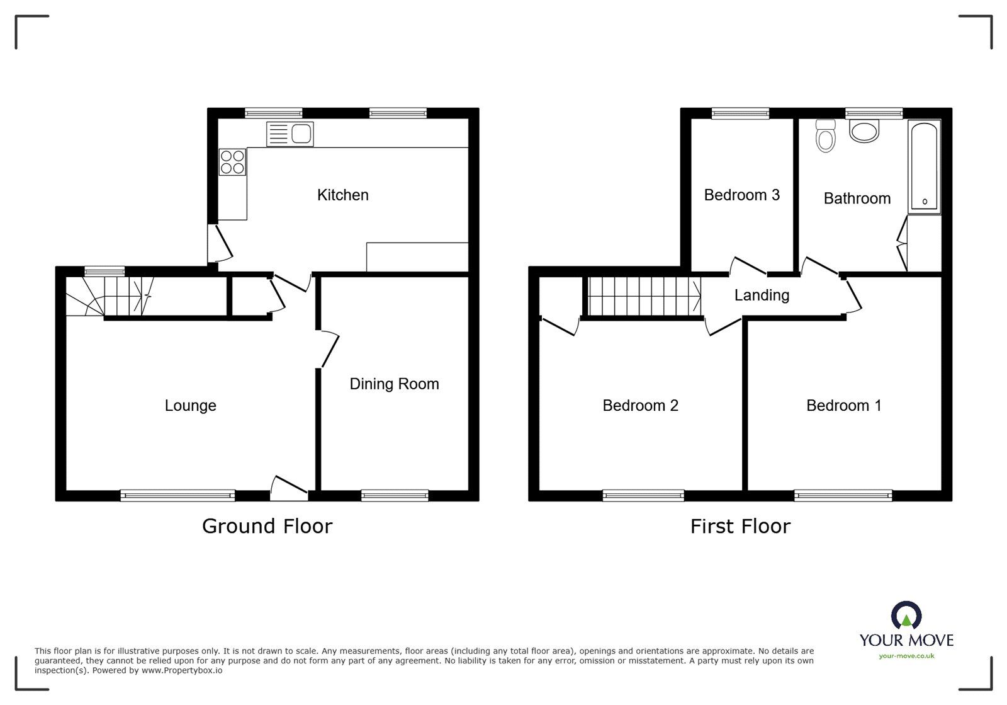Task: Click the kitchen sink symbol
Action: [290, 134]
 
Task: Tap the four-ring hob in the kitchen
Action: [232, 161]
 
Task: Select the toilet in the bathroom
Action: [824, 136]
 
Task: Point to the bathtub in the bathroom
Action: [924, 166]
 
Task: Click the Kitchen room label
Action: [342, 195]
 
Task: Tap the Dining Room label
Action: [394, 384]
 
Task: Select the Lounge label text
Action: [190, 406]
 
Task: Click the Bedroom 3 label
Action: [741, 195]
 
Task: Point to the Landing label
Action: [762, 295]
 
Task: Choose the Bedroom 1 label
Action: [843, 406]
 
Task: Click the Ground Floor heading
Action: [267, 526]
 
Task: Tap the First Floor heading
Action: [740, 526]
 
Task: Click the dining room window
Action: [395, 496]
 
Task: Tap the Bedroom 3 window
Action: [740, 113]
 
